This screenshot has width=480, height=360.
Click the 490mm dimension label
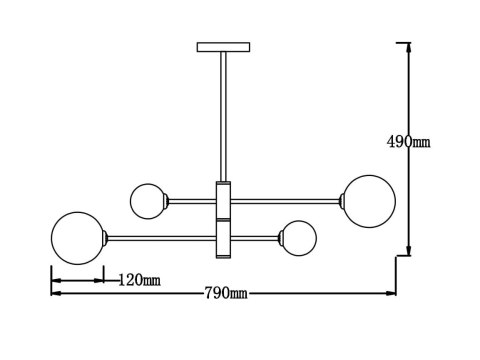(x=408, y=143)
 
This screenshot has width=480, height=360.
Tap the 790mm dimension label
(x=225, y=293)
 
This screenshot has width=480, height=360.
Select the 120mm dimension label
(x=139, y=279)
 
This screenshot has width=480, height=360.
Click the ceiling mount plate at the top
(x=222, y=46)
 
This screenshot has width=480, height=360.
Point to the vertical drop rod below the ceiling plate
(x=222, y=115)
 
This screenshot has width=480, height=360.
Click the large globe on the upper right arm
(x=368, y=200)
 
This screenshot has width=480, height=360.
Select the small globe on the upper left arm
(x=148, y=200)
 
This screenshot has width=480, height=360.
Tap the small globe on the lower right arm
(x=298, y=237)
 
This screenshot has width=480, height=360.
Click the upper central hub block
(x=222, y=199)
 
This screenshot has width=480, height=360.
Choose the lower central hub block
(x=222, y=238)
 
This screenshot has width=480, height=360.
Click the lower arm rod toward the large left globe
(x=160, y=237)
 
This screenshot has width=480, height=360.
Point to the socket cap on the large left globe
(x=103, y=237)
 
